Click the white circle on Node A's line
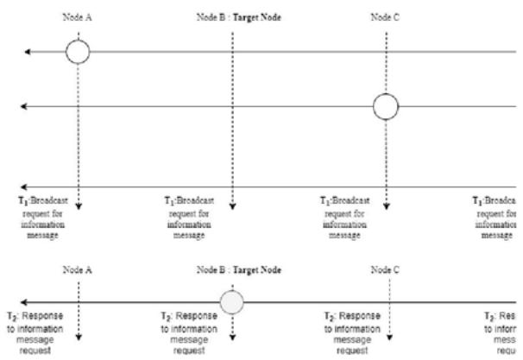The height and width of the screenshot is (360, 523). click(78, 53)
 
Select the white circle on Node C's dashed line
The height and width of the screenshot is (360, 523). click(386, 106)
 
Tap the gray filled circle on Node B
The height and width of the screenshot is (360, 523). click(232, 303)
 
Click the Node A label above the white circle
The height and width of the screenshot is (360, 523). click(78, 16)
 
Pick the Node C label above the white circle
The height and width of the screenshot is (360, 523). click(386, 16)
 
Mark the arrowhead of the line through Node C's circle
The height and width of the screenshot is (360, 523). click(23, 106)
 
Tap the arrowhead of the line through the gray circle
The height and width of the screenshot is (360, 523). click(23, 303)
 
